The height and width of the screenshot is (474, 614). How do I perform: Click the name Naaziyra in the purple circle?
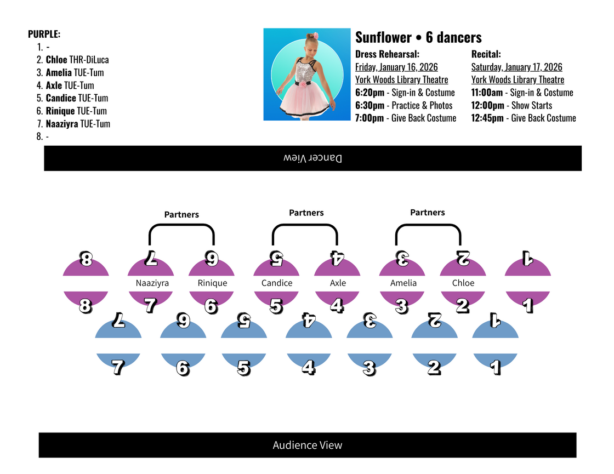click(x=152, y=283)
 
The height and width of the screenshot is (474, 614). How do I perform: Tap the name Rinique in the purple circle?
click(x=212, y=283)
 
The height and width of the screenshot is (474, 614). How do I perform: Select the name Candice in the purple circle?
click(x=277, y=283)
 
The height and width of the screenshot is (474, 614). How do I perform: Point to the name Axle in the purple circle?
click(x=338, y=283)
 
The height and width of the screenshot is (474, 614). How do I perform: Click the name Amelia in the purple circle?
click(x=403, y=283)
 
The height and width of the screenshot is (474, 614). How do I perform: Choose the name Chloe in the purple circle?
click(x=463, y=283)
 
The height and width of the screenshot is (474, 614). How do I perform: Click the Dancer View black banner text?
click(x=312, y=158)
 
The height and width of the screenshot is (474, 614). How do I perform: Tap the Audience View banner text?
click(x=307, y=445)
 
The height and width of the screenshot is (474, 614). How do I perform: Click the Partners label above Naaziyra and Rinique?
click(x=181, y=215)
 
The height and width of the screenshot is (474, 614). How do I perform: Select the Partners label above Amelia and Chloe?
click(x=428, y=213)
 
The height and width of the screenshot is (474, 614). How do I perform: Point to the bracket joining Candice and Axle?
click(x=305, y=226)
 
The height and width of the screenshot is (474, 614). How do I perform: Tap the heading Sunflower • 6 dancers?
click(x=418, y=37)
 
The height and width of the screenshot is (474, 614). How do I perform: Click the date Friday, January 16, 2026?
click(x=396, y=67)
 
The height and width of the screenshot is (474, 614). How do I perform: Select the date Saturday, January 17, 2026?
click(x=516, y=67)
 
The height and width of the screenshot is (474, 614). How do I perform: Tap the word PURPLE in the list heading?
click(x=44, y=34)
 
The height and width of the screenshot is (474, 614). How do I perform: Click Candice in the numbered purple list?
click(x=61, y=98)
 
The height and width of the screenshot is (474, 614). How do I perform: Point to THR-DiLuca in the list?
click(x=89, y=60)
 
